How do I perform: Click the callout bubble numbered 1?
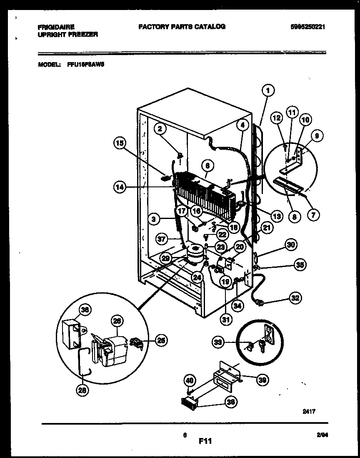click(269, 89)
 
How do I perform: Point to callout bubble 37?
click(162, 239)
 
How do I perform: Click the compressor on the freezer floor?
click(195, 254)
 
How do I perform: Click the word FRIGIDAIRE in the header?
click(56, 27)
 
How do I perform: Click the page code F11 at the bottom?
click(205, 440)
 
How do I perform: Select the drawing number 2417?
click(309, 411)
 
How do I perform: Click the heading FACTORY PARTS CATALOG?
click(182, 27)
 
